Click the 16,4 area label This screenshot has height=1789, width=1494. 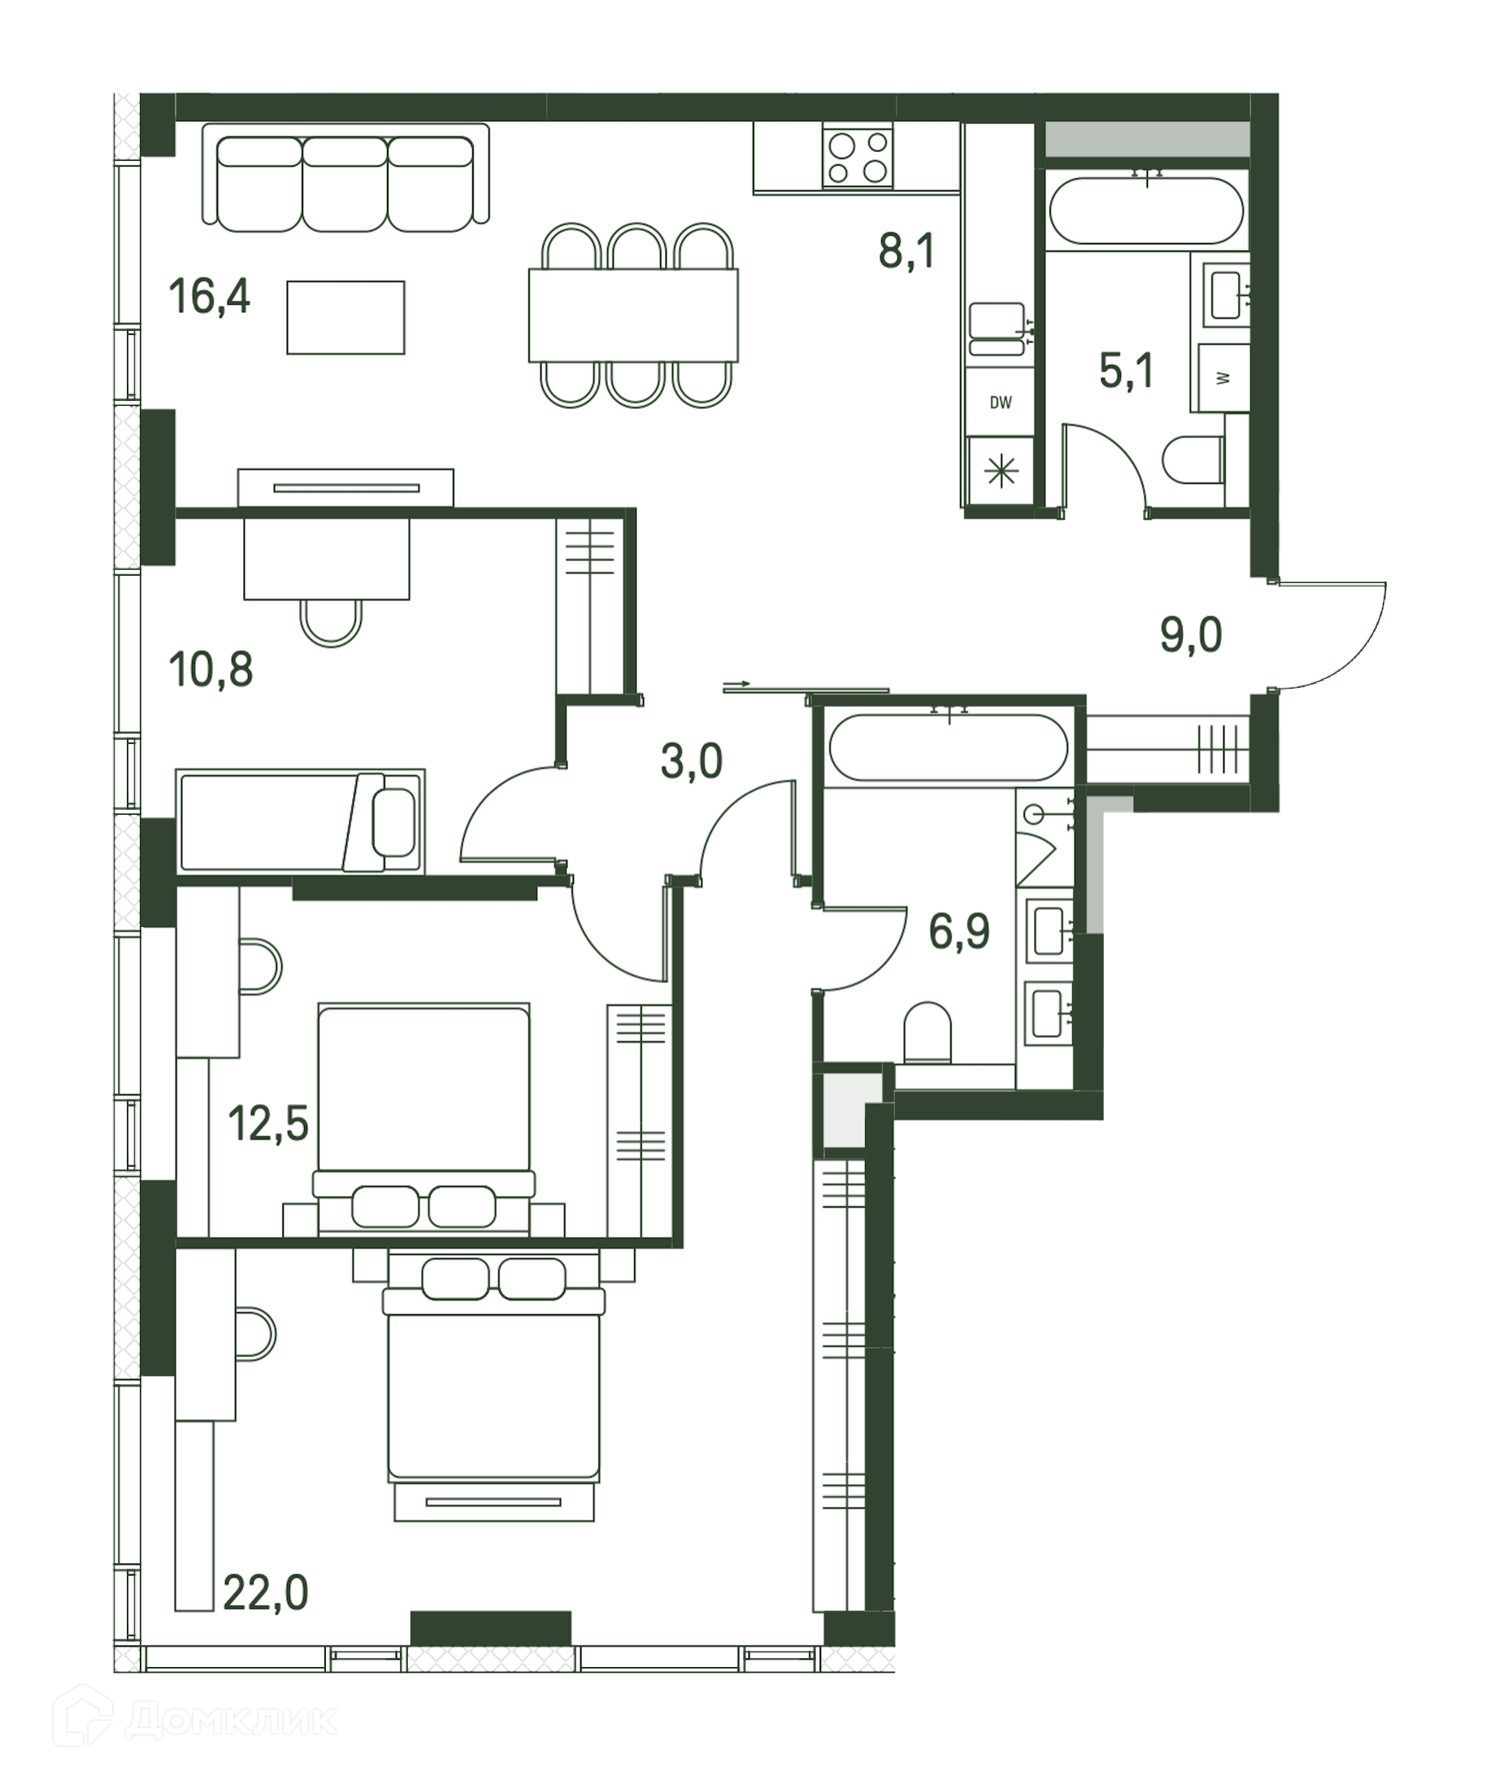(x=210, y=298)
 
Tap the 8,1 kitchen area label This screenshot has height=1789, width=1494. (x=907, y=252)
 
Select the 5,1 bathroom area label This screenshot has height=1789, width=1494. (x=1127, y=372)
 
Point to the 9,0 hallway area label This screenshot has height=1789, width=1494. (x=1191, y=634)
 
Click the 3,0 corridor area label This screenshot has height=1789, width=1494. (x=692, y=761)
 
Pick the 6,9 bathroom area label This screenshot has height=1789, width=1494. (x=959, y=931)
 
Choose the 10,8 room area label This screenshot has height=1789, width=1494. (x=211, y=669)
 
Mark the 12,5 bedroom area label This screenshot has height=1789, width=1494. (x=268, y=1124)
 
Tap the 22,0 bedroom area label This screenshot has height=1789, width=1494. (x=266, y=1592)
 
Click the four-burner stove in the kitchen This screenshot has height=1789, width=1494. (x=858, y=155)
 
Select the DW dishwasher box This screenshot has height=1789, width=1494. (x=1000, y=402)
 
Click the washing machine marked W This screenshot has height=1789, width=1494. (x=1224, y=377)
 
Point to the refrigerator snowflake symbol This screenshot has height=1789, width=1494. (x=1001, y=471)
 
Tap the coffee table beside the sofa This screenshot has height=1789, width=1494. (x=345, y=318)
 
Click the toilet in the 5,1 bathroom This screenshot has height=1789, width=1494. (x=1193, y=460)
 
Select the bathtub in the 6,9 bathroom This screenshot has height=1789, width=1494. (x=949, y=747)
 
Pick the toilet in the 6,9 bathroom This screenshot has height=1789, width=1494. (x=927, y=1033)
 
